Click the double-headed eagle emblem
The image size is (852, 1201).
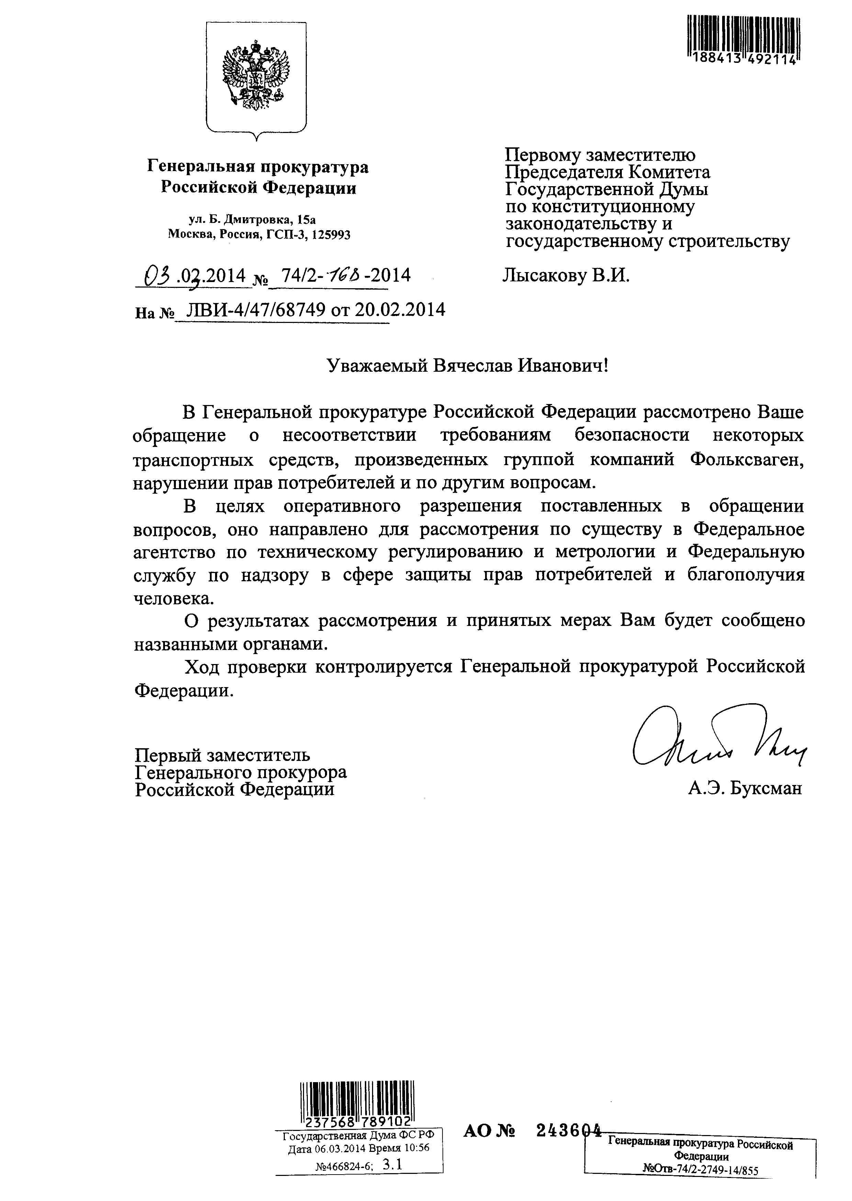pyautogui.click(x=256, y=75)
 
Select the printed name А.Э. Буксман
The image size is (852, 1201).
pyautogui.click(x=745, y=788)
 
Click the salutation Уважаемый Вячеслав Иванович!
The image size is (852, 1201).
pyautogui.click(x=468, y=365)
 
